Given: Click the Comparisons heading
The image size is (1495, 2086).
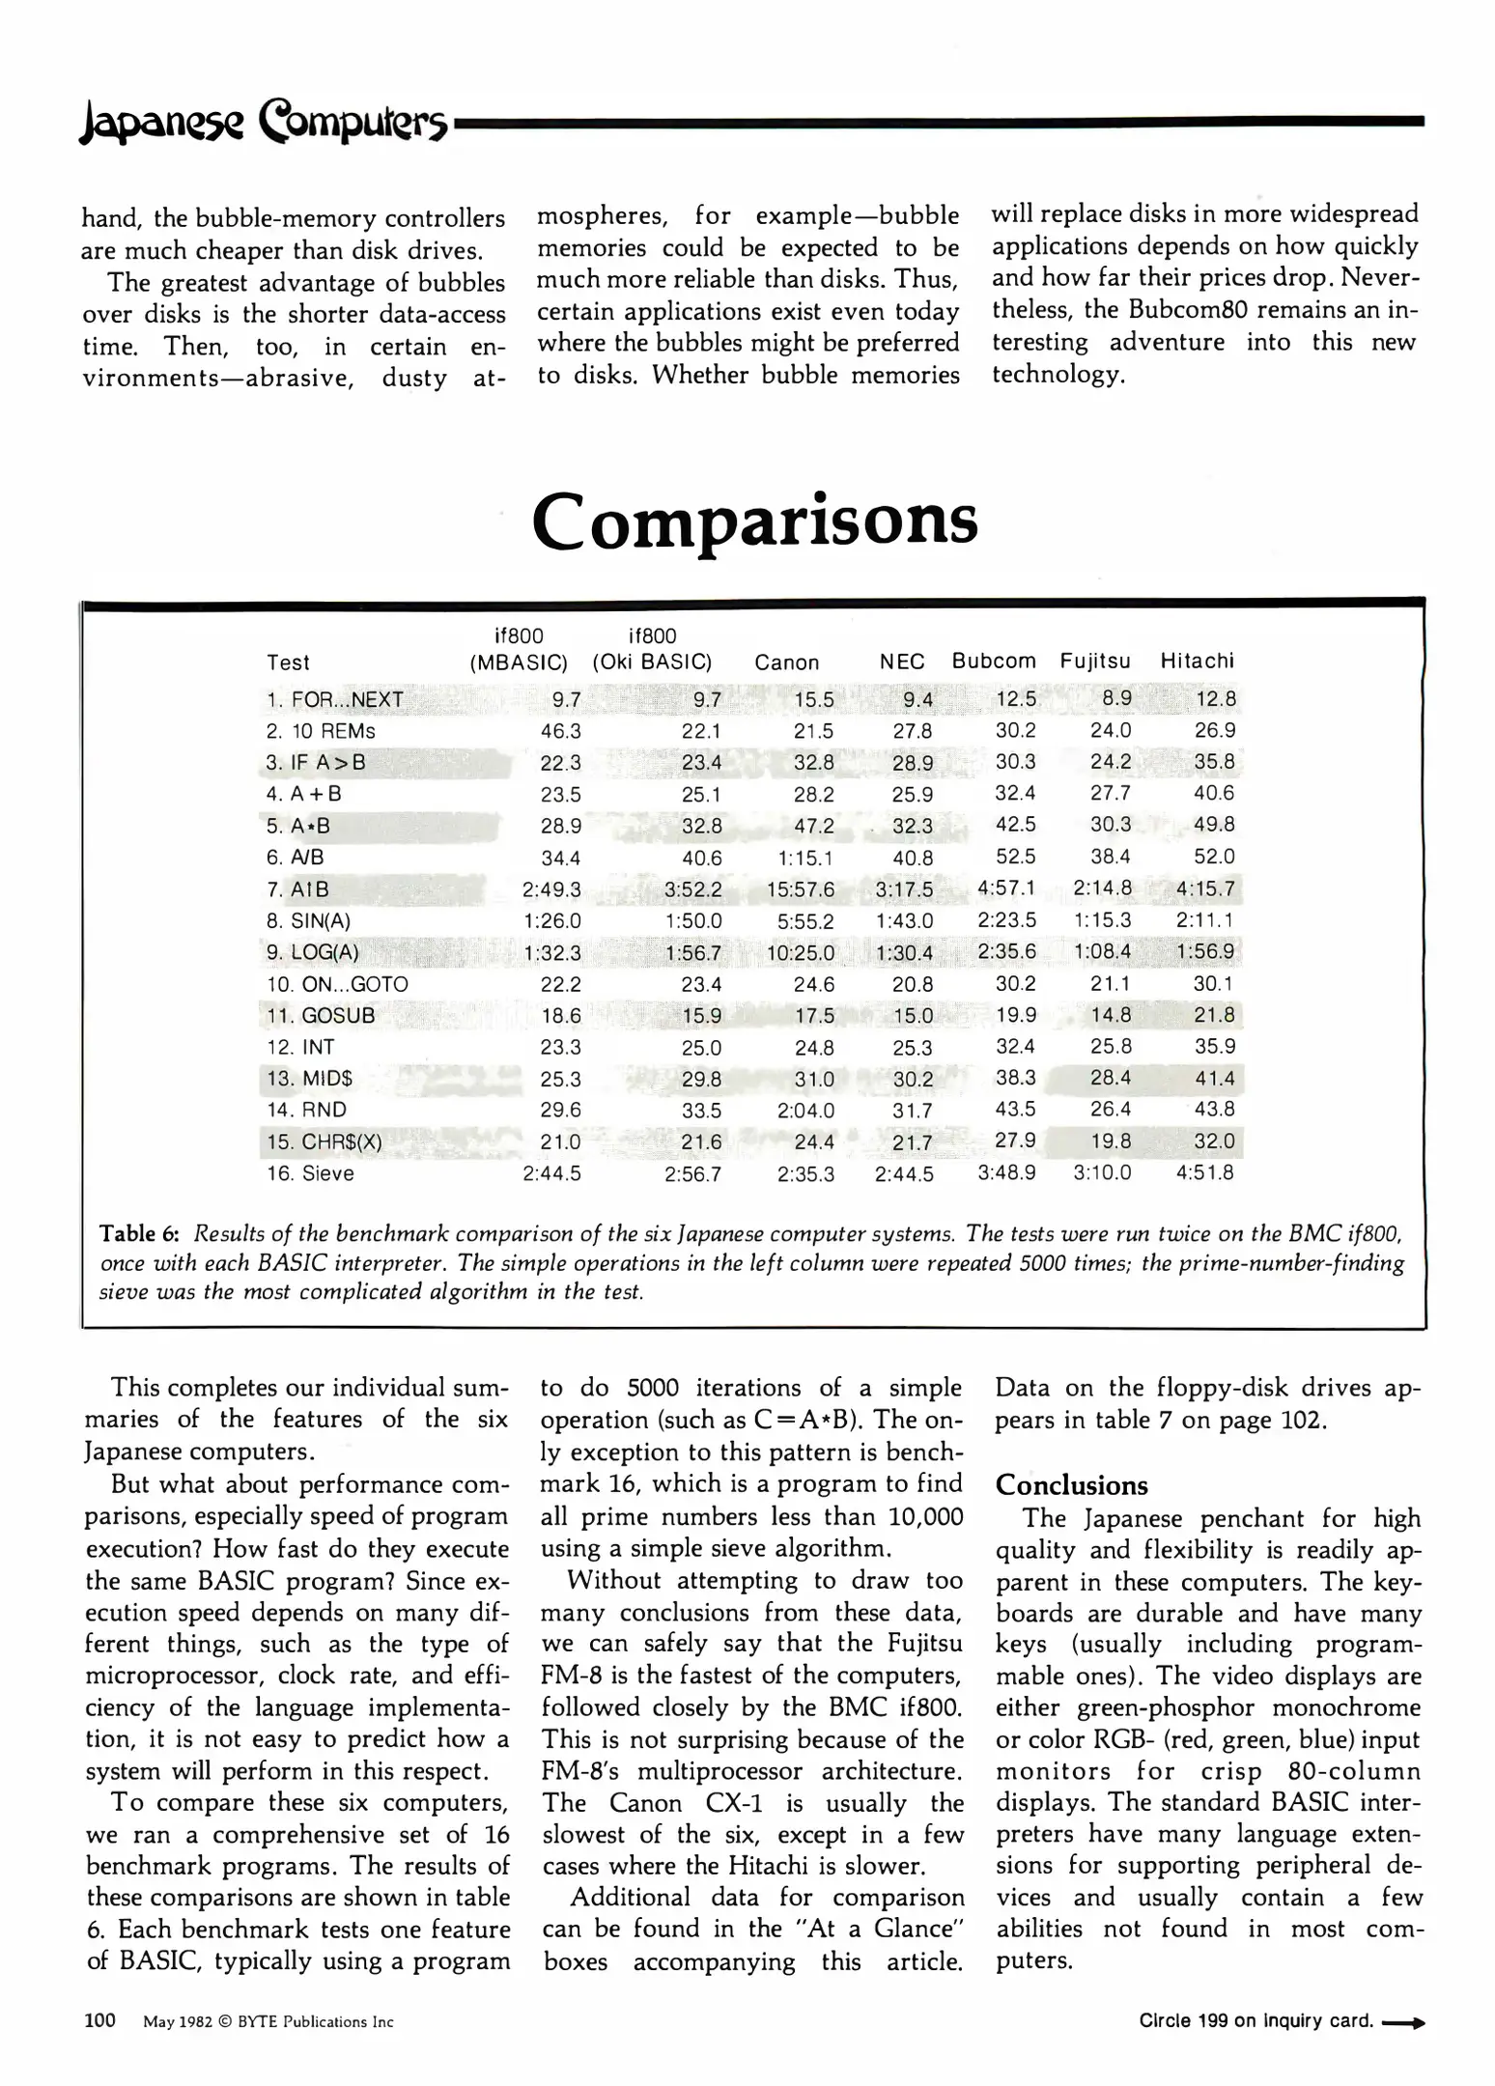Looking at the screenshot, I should click(x=754, y=521).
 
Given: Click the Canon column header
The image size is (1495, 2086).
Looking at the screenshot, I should click(x=786, y=662).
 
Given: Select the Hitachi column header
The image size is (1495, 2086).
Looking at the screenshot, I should click(x=1197, y=662).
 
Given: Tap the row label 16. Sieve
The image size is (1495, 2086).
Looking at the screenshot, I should click(x=310, y=1173).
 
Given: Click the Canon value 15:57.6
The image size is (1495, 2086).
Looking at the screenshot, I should click(x=801, y=889).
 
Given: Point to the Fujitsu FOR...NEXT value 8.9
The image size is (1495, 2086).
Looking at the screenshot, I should click(x=1116, y=697).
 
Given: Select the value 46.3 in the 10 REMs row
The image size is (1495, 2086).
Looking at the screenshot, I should click(x=560, y=731).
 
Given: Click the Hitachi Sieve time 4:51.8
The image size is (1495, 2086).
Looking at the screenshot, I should click(x=1204, y=1172).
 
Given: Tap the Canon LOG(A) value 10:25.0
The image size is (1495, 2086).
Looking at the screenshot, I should click(x=801, y=953).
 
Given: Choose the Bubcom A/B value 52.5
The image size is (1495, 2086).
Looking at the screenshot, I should click(x=1015, y=857).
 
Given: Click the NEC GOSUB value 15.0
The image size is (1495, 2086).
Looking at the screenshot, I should click(x=913, y=1016).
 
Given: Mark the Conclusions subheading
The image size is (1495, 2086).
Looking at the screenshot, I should click(x=1071, y=1485).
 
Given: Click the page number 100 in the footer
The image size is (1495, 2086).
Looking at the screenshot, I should click(x=100, y=2020).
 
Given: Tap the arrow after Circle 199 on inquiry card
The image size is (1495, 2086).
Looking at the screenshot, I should click(x=1403, y=2022).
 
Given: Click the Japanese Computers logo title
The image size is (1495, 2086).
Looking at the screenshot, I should click(x=264, y=124).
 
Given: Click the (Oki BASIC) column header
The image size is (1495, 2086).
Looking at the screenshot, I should click(x=652, y=662).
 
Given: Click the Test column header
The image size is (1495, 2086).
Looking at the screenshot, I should click(x=288, y=662).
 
